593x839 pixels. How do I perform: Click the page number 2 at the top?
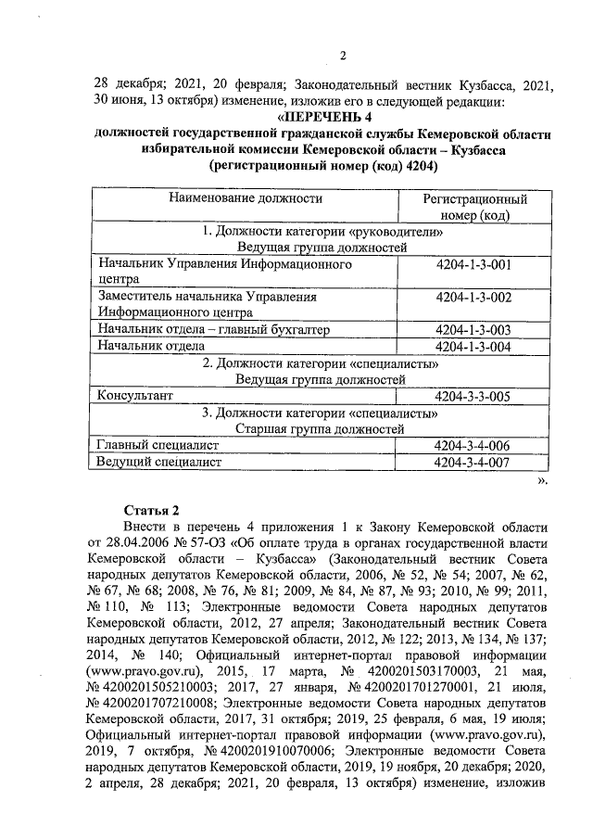[x=342, y=54]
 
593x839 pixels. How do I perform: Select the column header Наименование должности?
[x=246, y=198]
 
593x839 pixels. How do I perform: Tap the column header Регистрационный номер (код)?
[x=474, y=207]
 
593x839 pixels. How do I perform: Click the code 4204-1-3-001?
[x=473, y=265]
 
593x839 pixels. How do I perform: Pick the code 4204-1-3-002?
[x=473, y=298]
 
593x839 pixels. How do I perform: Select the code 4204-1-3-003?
[x=473, y=329]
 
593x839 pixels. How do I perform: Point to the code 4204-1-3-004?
[x=473, y=346]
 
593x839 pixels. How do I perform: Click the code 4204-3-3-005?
[x=473, y=396]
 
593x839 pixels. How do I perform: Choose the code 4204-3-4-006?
[x=473, y=446]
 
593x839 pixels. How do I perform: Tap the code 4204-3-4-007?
[x=473, y=462]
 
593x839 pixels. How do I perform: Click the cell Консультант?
[x=135, y=396]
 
